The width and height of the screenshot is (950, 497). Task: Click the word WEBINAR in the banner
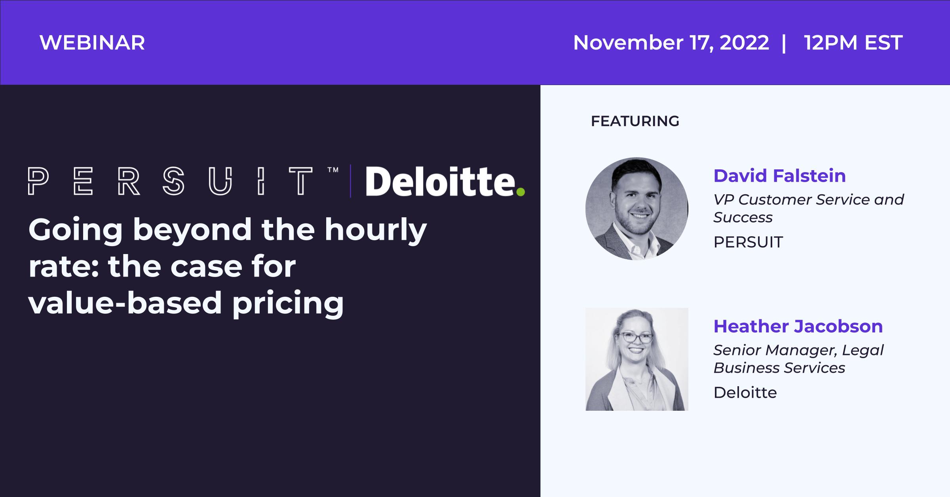click(x=92, y=43)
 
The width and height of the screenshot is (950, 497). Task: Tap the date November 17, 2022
click(x=671, y=43)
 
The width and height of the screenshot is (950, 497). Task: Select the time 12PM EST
click(x=853, y=43)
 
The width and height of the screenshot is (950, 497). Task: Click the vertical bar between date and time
click(x=784, y=43)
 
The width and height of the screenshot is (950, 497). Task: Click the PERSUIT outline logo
click(x=170, y=181)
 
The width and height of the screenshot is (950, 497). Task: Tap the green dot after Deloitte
click(x=521, y=192)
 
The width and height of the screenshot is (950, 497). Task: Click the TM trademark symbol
click(x=333, y=170)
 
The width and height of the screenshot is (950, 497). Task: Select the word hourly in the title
click(x=376, y=231)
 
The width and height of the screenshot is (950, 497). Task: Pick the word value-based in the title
click(x=125, y=303)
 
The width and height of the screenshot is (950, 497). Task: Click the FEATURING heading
click(x=635, y=121)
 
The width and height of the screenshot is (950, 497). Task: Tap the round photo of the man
click(x=636, y=209)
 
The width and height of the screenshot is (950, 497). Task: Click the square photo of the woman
click(x=637, y=359)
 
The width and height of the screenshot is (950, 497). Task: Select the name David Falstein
click(x=779, y=176)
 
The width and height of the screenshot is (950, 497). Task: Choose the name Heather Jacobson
click(x=798, y=326)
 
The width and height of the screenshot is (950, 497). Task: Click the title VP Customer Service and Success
click(x=809, y=209)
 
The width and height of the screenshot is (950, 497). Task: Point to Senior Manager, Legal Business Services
click(x=798, y=359)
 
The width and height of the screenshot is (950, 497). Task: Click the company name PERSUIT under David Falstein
click(x=748, y=242)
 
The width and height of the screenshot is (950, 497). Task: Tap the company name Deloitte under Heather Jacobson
click(x=745, y=393)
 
